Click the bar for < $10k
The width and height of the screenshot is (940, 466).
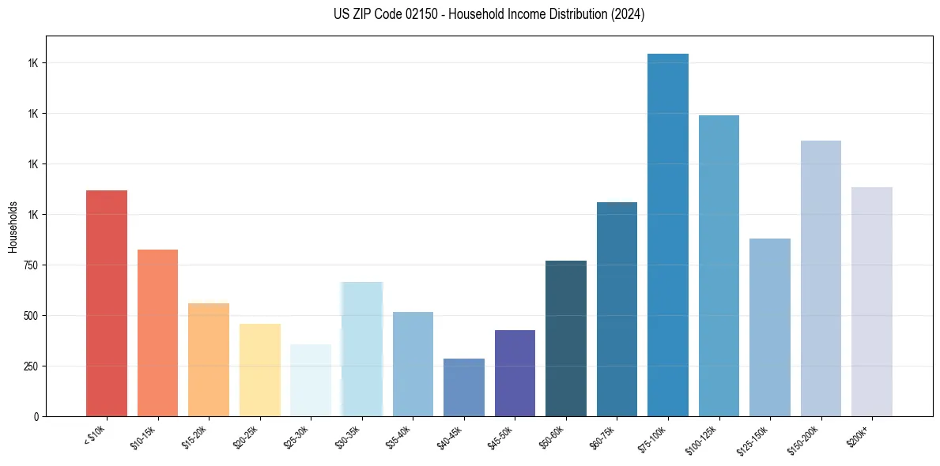[x=107, y=303]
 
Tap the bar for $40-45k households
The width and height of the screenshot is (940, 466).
[x=464, y=387]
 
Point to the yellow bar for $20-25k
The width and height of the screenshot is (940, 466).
[x=260, y=370]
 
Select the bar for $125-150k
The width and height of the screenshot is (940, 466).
[x=770, y=327]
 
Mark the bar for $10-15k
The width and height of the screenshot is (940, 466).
[x=158, y=333]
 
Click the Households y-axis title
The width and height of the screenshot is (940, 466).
[x=13, y=227]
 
